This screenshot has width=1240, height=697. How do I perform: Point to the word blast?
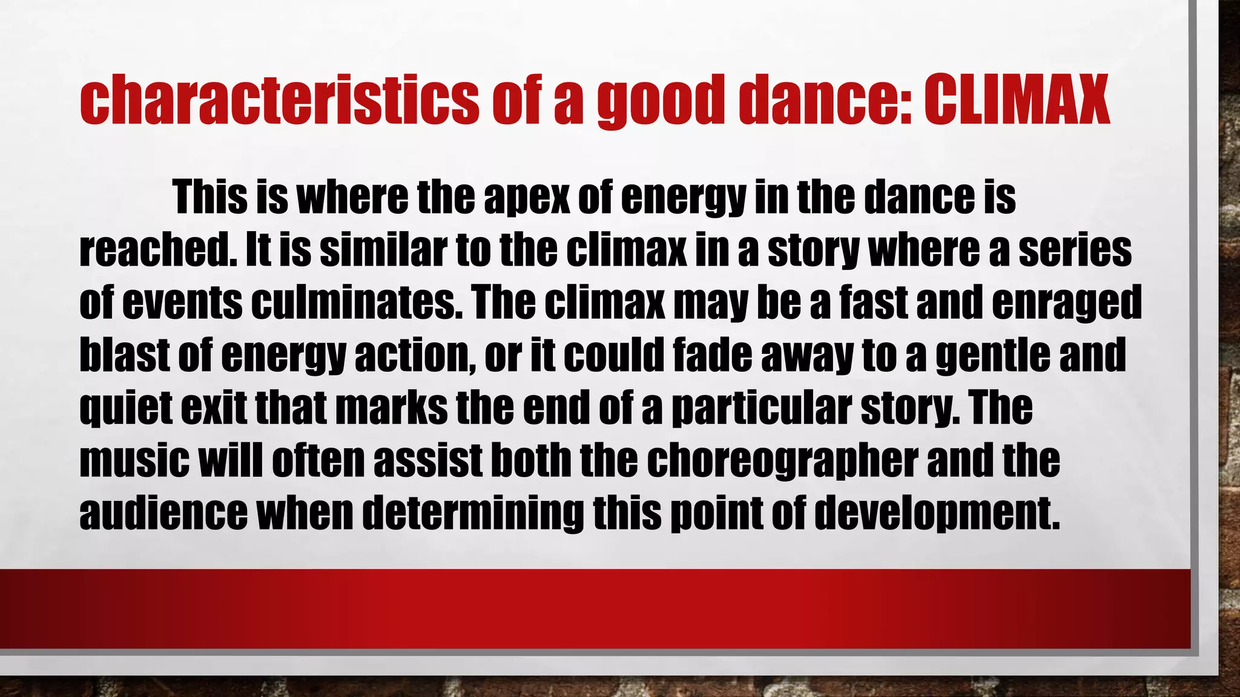[x=124, y=355]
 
